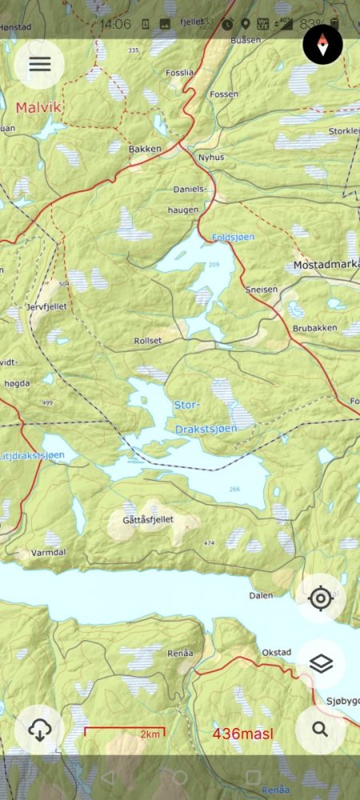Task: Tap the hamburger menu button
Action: [x=39, y=64]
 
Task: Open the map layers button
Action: [x=321, y=663]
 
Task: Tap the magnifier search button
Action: [x=321, y=729]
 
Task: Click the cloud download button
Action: [x=39, y=730]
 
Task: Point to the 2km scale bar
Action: [x=125, y=732]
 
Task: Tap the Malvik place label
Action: [x=38, y=106]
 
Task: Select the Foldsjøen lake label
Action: [x=233, y=238]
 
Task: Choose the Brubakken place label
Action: [x=314, y=328]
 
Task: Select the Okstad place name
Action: [x=277, y=653]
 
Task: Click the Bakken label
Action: [x=145, y=149]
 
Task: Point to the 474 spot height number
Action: [x=210, y=544]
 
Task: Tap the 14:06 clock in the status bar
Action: [x=116, y=24]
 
